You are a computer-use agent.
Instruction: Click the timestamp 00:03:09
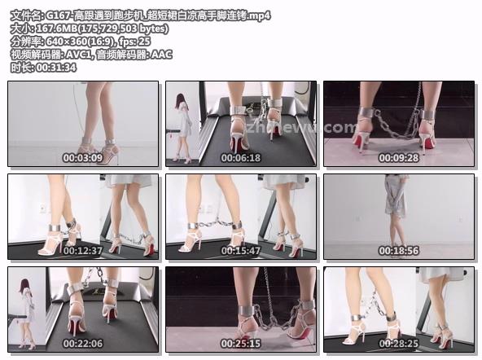coord(83,158)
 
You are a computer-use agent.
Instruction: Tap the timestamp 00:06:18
coord(241,158)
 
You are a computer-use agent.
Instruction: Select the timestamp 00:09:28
coord(399,158)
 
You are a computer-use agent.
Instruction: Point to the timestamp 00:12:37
coord(83,251)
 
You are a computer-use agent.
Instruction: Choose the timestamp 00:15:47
coord(241,251)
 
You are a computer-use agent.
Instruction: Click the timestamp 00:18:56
coord(399,251)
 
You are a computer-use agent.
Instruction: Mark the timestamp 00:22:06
coord(83,344)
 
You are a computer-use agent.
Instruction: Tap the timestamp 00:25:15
coord(241,344)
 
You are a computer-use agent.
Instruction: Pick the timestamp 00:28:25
coord(399,344)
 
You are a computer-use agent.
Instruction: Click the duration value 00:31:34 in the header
coord(56,68)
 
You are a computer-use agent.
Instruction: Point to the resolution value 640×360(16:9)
coord(81,42)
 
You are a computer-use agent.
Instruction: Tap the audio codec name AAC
coord(162,55)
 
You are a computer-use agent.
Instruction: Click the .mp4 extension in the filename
coord(259,15)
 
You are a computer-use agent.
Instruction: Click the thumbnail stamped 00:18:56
coord(399,217)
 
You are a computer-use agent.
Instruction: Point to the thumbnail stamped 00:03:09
coord(83,124)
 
